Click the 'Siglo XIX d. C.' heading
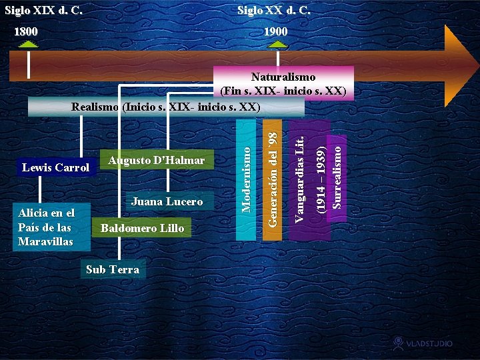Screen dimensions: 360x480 [43, 11]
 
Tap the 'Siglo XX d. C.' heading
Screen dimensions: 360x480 [273, 11]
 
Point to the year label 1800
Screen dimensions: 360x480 [27, 31]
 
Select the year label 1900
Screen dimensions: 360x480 [275, 31]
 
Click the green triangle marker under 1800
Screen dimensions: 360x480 [28, 44]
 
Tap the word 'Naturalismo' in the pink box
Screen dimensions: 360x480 [283, 77]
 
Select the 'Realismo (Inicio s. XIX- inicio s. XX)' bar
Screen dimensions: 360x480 [166, 107]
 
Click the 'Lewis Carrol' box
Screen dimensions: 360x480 [56, 167]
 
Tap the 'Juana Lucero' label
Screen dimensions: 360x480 [167, 201]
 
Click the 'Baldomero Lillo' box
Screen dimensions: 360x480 [142, 228]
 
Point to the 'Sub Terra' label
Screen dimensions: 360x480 [113, 269]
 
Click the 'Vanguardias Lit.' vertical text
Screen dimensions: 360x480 [300, 179]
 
